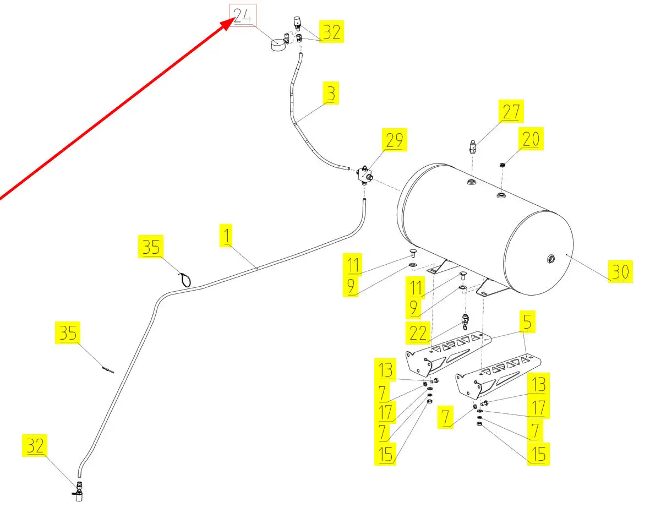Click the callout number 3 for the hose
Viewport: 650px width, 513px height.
330,93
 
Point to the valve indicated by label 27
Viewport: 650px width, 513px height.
473,148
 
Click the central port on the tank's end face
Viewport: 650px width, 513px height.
551,258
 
